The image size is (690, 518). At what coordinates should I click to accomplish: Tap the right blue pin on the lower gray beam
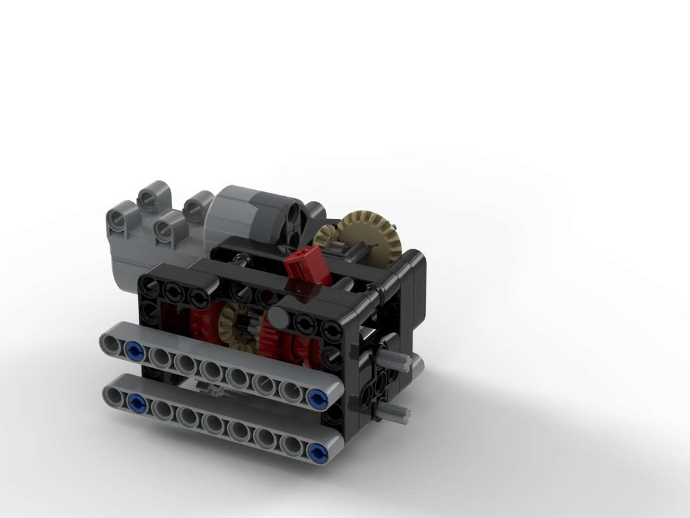[318, 452]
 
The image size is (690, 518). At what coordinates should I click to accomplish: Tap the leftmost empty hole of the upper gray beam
[110, 342]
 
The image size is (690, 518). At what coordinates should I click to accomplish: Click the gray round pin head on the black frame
[278, 317]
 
